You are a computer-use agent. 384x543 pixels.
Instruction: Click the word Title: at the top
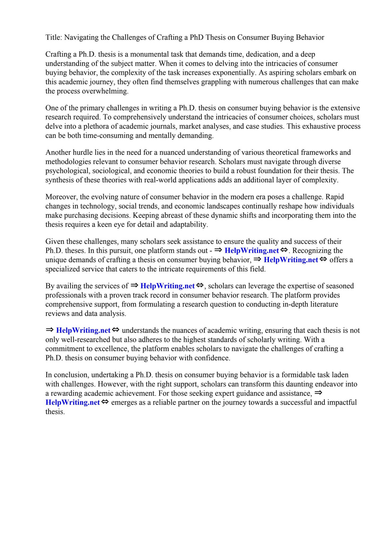point(54,37)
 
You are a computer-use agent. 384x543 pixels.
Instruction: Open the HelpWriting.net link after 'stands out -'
point(252,251)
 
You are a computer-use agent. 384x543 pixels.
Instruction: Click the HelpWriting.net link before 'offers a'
point(291,260)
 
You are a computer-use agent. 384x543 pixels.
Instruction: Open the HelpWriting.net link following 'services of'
point(167,286)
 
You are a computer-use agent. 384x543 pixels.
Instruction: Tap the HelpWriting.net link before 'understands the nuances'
point(83,331)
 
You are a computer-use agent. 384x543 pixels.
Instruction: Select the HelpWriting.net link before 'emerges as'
point(73,402)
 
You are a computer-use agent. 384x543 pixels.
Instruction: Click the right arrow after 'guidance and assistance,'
point(318,393)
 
